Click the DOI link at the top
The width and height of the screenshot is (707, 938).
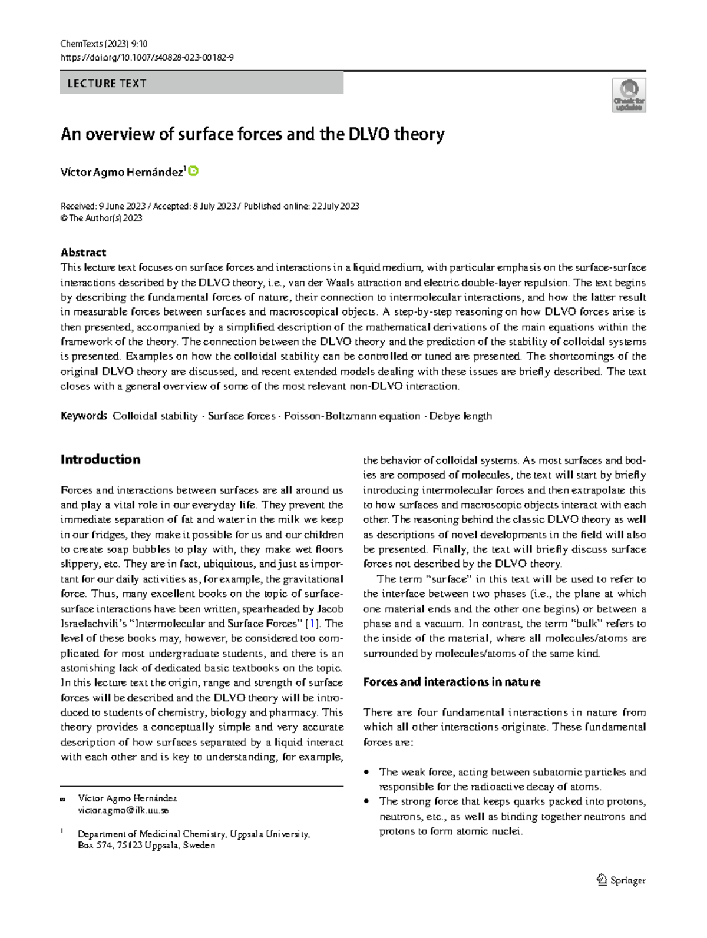click(x=147, y=57)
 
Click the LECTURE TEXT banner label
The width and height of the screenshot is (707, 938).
click(x=107, y=83)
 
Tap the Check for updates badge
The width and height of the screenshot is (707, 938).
click(x=629, y=95)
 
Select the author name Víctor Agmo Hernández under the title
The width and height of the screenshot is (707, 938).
click(x=121, y=172)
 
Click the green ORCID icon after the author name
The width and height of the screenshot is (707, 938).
click(x=193, y=171)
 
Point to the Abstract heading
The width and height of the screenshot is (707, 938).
click(x=83, y=252)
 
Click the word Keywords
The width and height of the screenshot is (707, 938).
click(x=84, y=416)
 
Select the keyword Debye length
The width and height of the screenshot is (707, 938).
click(x=460, y=416)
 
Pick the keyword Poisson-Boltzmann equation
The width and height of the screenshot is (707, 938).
click(x=352, y=416)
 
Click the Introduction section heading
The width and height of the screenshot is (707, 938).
click(x=100, y=459)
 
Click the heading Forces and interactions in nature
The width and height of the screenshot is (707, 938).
click(x=451, y=682)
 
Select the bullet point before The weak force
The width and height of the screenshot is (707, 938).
click(x=368, y=772)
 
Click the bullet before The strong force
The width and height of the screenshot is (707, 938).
click(x=368, y=801)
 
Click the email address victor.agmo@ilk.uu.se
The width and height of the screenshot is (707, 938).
click(x=123, y=810)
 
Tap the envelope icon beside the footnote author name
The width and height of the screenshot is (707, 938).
click(x=62, y=800)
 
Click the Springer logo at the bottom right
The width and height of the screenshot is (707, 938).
click(x=621, y=880)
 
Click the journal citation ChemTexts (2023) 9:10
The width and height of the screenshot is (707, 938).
click(x=104, y=44)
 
